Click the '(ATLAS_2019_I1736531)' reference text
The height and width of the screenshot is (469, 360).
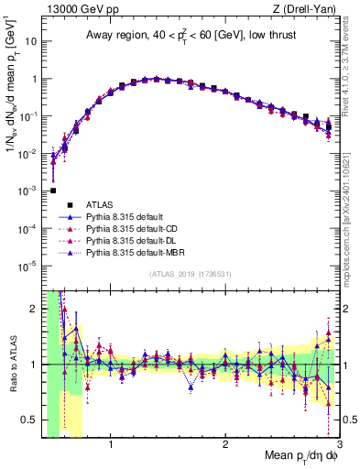(x=189, y=274)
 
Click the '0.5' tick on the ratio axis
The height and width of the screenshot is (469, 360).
(x=29, y=420)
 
